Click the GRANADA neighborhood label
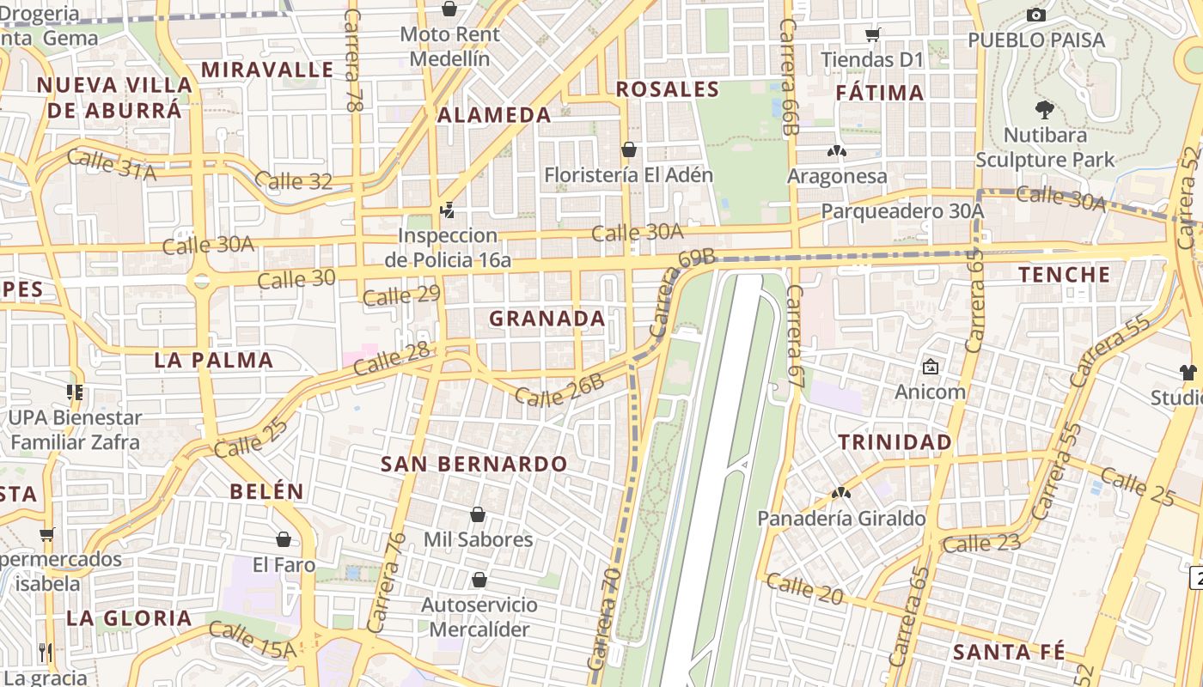547,319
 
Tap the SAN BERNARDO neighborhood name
474,465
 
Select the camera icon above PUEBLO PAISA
1036,15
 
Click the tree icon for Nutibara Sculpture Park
1045,109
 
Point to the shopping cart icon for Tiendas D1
872,35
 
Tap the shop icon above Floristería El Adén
629,150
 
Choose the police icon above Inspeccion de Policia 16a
447,210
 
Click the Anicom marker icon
930,367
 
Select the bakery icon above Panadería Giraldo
840,493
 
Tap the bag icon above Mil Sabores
478,514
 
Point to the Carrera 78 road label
352,60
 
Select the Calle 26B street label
559,392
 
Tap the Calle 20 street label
803,589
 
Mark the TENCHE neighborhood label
1065,275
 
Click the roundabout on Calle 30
201,281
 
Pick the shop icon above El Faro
284,539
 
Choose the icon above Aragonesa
836,151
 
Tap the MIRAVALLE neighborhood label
267,70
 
